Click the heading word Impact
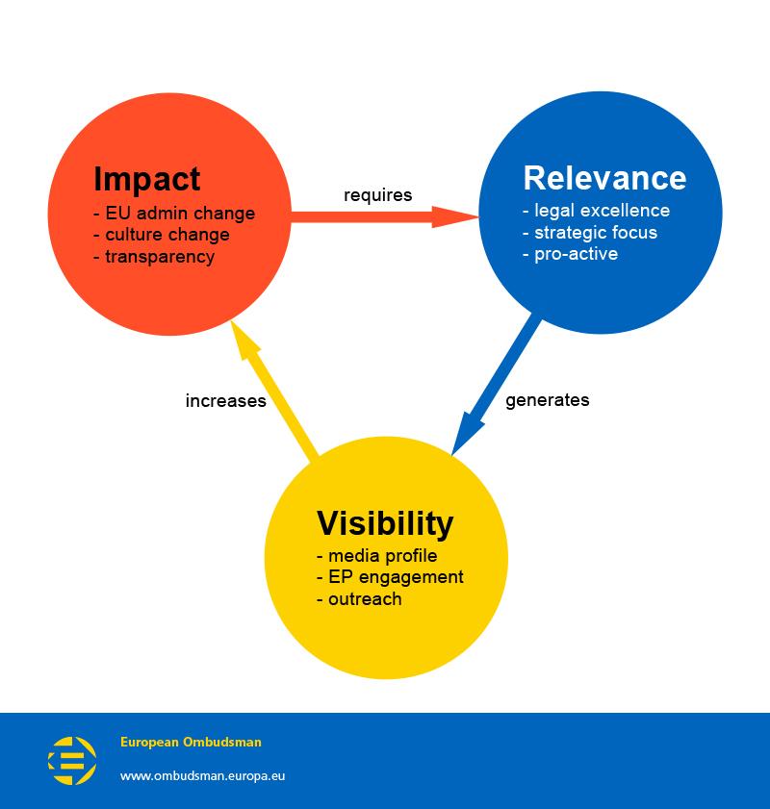[146, 180]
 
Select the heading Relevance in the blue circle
[604, 178]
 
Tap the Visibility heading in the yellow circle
[385, 523]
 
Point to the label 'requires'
[378, 195]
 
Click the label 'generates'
[547, 400]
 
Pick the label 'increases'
[225, 401]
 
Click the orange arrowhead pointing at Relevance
[454, 216]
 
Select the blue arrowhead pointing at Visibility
[466, 433]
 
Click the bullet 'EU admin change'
[174, 213]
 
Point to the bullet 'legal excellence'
[596, 211]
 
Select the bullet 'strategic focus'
[590, 233]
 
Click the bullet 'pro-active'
[570, 254]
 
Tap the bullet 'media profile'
[377, 556]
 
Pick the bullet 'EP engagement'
[390, 577]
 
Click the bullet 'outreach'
[359, 598]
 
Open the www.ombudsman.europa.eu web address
[202, 775]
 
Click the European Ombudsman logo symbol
[72, 760]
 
